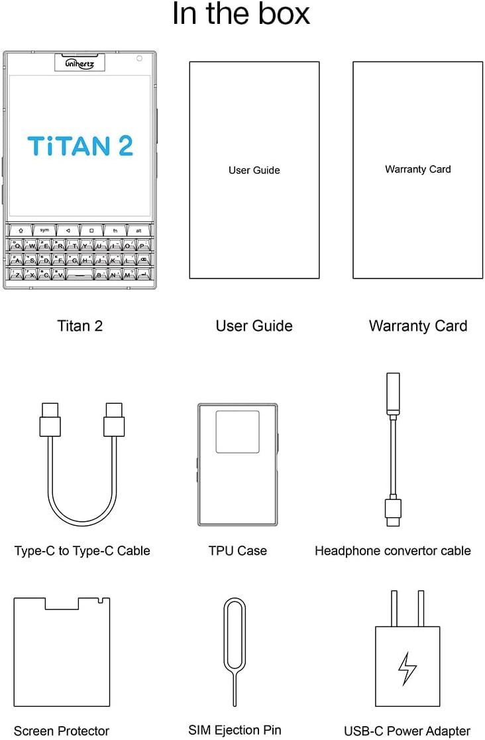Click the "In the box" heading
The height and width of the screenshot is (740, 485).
pyautogui.click(x=241, y=15)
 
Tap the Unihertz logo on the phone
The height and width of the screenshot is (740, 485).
pyautogui.click(x=80, y=64)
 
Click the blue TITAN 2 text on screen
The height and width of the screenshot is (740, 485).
pyautogui.click(x=80, y=146)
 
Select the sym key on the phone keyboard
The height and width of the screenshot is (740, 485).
pyautogui.click(x=44, y=230)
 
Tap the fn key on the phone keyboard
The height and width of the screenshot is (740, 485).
pyautogui.click(x=115, y=230)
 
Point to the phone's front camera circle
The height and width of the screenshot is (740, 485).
pyautogui.click(x=139, y=58)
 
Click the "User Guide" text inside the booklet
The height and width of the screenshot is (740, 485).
pyautogui.click(x=254, y=170)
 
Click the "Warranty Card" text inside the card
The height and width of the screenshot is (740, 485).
pyautogui.click(x=417, y=169)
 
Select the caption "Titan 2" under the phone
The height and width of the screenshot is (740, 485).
pyautogui.click(x=80, y=326)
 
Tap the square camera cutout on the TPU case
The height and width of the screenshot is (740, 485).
pyautogui.click(x=237, y=432)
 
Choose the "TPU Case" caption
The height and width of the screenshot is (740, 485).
pyautogui.click(x=237, y=550)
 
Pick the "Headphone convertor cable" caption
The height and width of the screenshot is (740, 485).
pyautogui.click(x=392, y=550)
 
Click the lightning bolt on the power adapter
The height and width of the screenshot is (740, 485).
pyautogui.click(x=407, y=668)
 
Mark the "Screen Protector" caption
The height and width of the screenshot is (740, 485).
pyautogui.click(x=62, y=731)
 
